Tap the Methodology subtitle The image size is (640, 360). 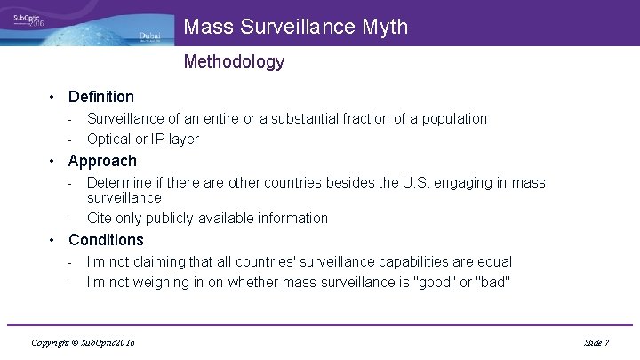[x=234, y=61]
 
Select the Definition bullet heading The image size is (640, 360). [x=101, y=96]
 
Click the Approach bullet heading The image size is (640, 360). [x=102, y=161]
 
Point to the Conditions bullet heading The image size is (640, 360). [x=106, y=240]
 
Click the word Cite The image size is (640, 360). [x=100, y=218]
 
